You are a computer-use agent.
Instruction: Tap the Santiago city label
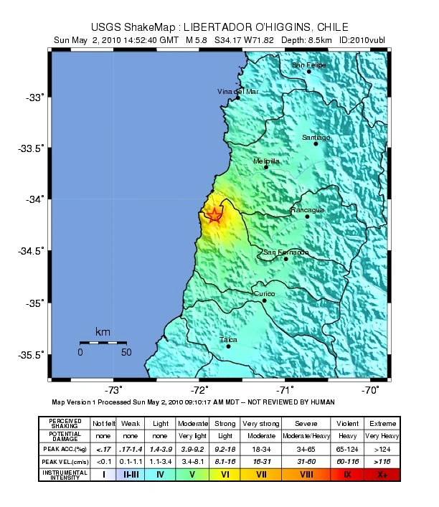coord(316,137)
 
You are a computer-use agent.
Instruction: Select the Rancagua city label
coord(307,210)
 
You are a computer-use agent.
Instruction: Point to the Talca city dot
coord(229,346)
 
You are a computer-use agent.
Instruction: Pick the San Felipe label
coord(308,65)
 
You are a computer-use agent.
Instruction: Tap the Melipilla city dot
coord(266,167)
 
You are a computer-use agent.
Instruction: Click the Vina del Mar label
coord(237,92)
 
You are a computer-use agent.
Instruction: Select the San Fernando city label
coord(285,252)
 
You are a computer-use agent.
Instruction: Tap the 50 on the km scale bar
coord(126,352)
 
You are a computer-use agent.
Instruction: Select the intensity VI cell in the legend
coord(225,474)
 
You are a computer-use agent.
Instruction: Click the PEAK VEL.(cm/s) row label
coord(65,461)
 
